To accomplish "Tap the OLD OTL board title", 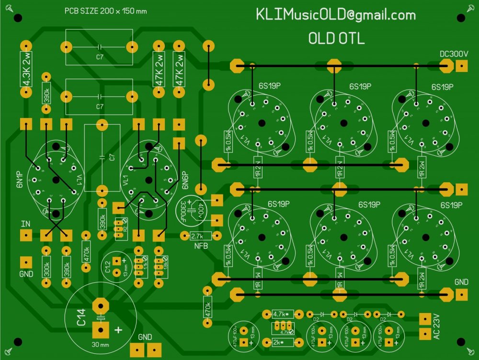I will (x=336, y=39).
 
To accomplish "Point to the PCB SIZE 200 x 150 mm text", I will (x=106, y=12).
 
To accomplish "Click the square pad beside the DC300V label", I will (x=461, y=67).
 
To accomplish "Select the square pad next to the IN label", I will (x=26, y=235).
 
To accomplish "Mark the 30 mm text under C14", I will (x=100, y=344).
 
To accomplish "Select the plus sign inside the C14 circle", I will (x=117, y=330).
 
